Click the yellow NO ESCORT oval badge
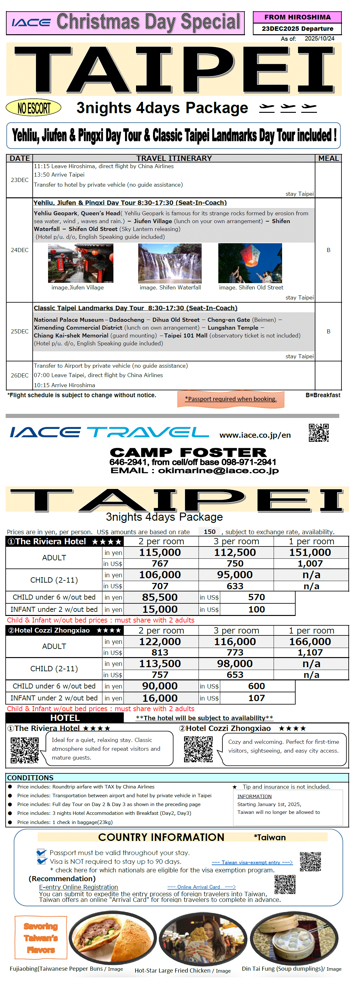click(33, 108)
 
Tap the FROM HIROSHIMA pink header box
click(297, 17)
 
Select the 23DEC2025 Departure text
click(297, 29)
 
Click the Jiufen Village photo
click(80, 263)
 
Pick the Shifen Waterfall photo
click(170, 263)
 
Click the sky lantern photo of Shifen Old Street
click(250, 263)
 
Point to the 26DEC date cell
click(19, 376)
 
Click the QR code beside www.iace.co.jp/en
click(319, 433)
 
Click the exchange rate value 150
click(209, 532)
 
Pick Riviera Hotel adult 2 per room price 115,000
click(160, 552)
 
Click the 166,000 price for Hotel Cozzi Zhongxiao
click(310, 642)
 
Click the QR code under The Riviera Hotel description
click(25, 750)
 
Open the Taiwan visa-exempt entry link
click(252, 863)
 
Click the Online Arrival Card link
click(201, 887)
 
